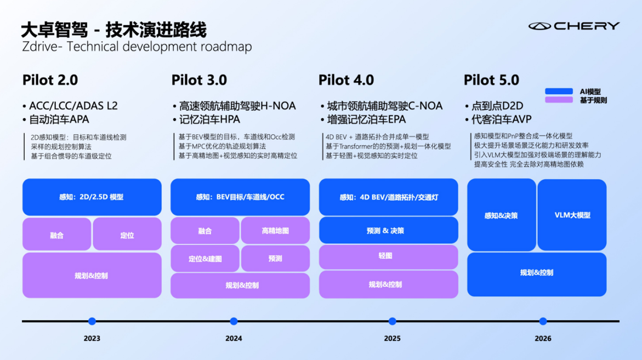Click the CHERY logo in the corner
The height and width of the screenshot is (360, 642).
574,26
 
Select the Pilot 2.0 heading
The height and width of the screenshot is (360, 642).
50,80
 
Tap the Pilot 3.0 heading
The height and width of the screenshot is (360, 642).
198,80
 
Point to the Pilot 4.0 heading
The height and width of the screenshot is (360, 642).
346,80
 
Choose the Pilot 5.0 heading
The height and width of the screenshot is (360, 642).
491,80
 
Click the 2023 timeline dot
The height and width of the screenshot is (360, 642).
92,321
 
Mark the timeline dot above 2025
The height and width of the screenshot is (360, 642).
392,321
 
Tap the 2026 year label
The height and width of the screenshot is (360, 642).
543,339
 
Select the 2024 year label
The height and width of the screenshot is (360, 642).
234,339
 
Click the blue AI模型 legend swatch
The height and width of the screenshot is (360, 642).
558,92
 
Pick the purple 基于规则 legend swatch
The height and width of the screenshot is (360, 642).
558,100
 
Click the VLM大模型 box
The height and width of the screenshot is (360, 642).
572,215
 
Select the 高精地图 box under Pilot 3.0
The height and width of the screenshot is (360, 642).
275,231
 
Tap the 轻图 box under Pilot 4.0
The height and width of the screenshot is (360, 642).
388,256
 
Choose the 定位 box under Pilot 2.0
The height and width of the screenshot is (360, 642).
127,235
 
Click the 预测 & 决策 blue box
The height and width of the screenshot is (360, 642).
388,231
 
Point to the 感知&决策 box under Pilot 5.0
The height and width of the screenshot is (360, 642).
501,215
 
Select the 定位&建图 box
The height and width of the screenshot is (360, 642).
205,259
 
